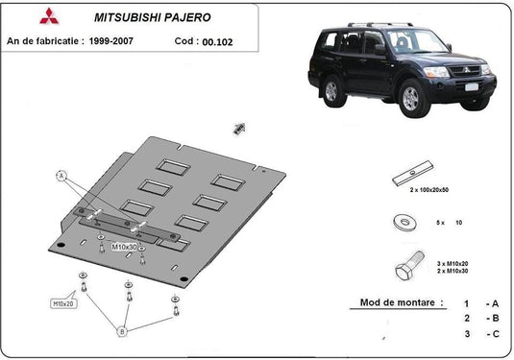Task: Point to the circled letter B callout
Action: [x=122, y=332]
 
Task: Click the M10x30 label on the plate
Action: [x=125, y=247]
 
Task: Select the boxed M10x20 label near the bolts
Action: [x=63, y=304]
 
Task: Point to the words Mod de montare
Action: [x=402, y=302]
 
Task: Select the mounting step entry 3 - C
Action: [x=479, y=334]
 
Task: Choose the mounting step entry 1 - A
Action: [x=479, y=302]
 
